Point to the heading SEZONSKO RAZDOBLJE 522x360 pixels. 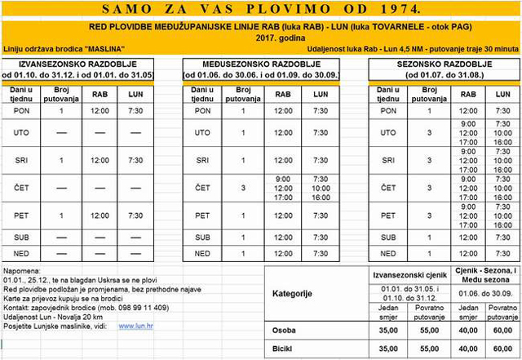[x=444, y=64]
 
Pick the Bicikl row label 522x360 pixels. [x=285, y=349]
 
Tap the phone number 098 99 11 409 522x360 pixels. [x=144, y=308]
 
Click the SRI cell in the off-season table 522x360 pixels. [x=22, y=160]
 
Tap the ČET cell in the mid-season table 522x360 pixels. [x=202, y=188]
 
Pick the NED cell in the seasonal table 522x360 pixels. [x=388, y=254]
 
